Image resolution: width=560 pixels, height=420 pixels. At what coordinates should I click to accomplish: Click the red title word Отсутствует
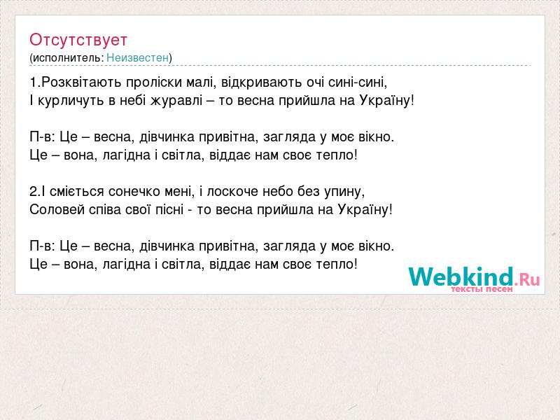tap(78, 40)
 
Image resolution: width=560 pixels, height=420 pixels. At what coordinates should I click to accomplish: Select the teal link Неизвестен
tap(137, 57)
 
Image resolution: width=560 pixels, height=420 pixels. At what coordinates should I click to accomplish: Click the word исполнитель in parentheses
tap(68, 57)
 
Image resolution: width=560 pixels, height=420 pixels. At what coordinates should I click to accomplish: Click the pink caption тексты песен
tap(482, 289)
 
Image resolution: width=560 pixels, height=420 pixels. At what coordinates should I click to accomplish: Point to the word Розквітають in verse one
tap(82, 82)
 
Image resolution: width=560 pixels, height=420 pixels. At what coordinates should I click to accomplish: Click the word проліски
tap(154, 83)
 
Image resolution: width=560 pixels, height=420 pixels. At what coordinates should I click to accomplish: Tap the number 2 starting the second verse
tap(33, 191)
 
